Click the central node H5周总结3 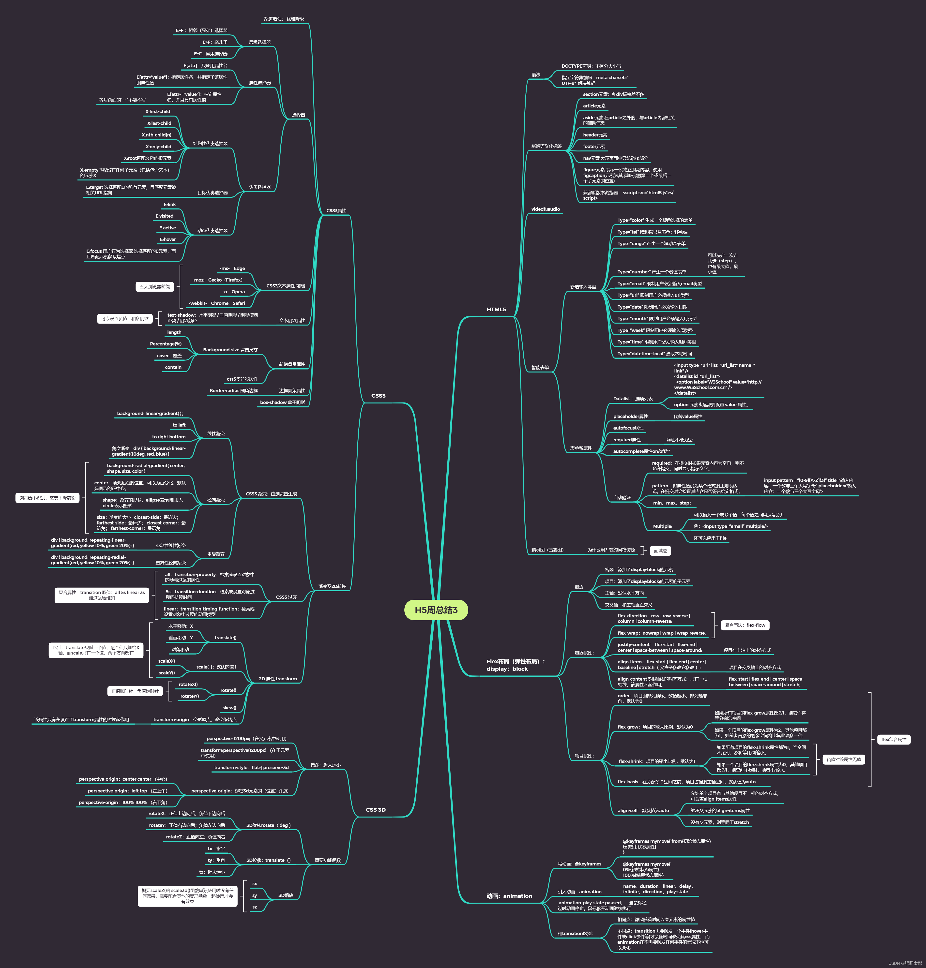pos(436,610)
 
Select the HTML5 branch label pos(496,309)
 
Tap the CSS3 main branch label pos(378,396)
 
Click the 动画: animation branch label pos(509,896)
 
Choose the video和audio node pos(546,209)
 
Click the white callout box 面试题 pos(660,551)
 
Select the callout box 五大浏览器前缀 pos(154,287)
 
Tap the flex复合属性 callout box pos(894,740)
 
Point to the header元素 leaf pos(595,135)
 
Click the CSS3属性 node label pos(336,211)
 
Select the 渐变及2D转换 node pos(332,587)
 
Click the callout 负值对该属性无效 pos(844,759)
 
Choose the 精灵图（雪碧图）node pos(547,550)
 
